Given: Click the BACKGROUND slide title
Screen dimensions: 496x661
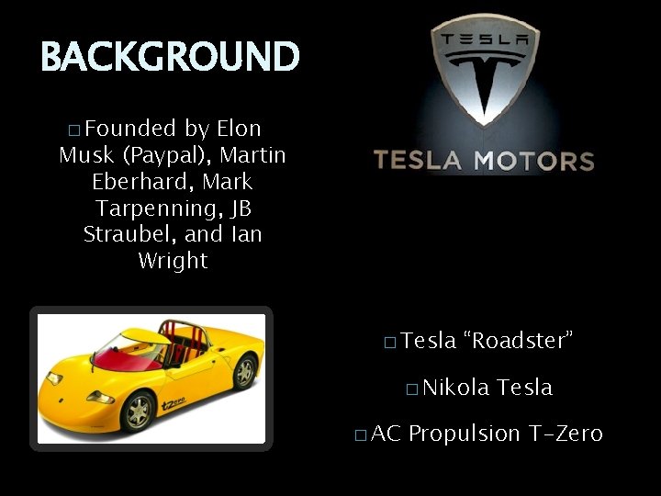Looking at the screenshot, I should (170, 57).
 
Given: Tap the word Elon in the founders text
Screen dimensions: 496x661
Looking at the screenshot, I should (239, 129).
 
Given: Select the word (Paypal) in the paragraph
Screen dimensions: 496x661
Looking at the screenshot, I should (168, 155).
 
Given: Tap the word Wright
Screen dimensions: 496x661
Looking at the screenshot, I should (173, 261).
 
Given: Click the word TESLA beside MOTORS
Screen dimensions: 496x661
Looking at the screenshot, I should (417, 162).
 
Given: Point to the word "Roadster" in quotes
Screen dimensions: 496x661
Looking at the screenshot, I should (520, 341).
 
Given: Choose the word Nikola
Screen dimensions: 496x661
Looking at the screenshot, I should (456, 388).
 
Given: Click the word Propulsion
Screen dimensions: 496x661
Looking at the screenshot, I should (465, 434).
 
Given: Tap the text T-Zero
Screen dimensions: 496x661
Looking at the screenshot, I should (566, 434).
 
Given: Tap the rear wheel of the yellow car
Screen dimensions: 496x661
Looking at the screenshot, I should (244, 371).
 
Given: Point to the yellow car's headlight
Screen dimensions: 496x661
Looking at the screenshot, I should (100, 397).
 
